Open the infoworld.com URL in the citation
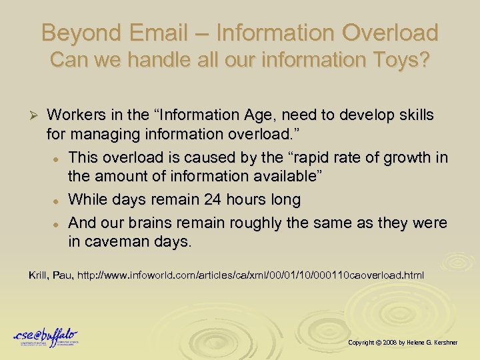pyautogui.click(x=251, y=275)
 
